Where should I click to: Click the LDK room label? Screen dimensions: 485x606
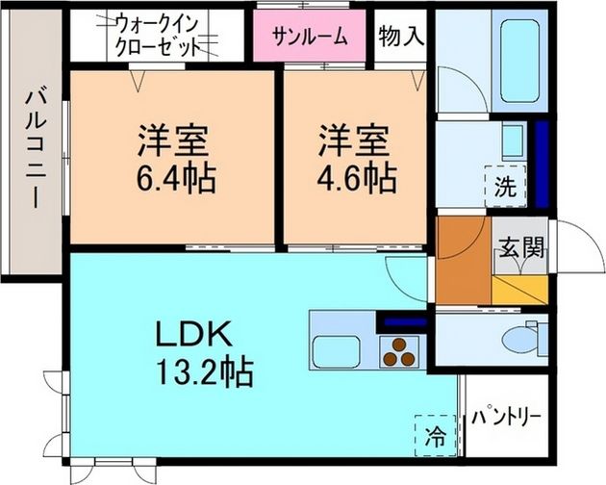(192, 334)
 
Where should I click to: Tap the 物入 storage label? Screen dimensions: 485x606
(398, 38)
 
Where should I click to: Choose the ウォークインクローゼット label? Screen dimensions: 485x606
(158, 34)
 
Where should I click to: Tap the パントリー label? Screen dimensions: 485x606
(506, 419)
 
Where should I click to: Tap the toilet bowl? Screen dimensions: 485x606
(525, 339)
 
